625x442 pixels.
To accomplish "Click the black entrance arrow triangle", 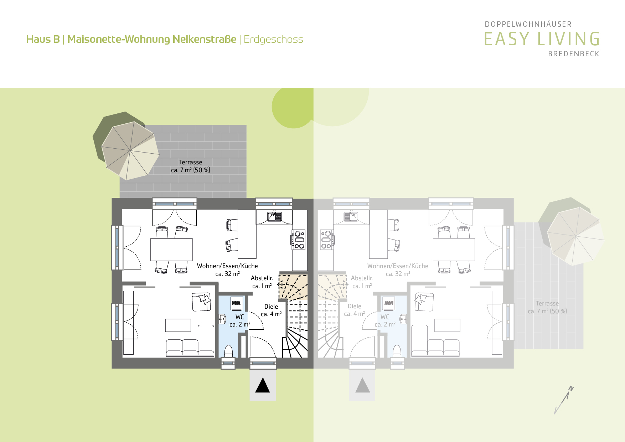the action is click(263, 385).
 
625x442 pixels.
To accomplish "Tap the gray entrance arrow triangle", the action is click(363, 385).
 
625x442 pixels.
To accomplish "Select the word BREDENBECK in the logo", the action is click(574, 54).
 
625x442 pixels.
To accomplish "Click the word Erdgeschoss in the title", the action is click(273, 40).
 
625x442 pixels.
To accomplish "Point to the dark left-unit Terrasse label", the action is click(191, 166).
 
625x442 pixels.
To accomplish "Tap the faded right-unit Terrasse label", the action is click(547, 307).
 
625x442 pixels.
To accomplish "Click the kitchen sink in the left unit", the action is click(275, 216).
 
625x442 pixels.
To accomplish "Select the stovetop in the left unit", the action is click(299, 240).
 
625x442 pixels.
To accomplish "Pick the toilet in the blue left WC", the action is click(228, 351).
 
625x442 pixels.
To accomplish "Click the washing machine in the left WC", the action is click(236, 303).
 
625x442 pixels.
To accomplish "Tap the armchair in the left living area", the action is click(202, 302).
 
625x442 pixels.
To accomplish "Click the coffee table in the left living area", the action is click(178, 325).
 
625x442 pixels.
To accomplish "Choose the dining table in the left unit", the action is click(171, 250).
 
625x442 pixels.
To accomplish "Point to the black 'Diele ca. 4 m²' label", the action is click(271, 310).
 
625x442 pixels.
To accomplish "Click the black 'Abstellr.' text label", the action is click(262, 278).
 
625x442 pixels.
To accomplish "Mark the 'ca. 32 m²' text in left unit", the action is click(228, 274).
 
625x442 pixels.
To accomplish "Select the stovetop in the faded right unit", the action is click(327, 240).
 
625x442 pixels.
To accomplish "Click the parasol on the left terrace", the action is click(130, 151).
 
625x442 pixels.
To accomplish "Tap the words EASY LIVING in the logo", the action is click(542, 39).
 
